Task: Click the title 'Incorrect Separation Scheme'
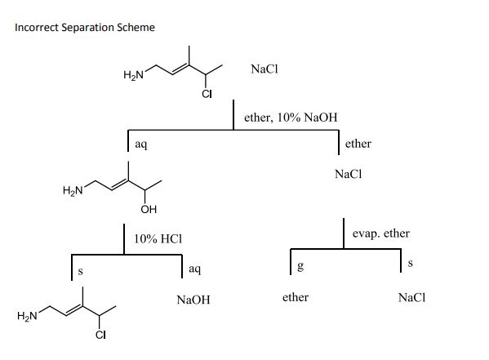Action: (85, 28)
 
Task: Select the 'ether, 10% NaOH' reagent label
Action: (291, 118)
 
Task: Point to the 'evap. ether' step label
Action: (381, 233)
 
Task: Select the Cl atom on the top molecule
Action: (207, 94)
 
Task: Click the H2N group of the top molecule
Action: (134, 76)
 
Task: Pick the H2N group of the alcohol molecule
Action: (73, 192)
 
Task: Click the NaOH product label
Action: (193, 300)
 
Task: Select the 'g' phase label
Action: (300, 266)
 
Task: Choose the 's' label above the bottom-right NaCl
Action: (411, 262)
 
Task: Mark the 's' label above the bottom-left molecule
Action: (81, 270)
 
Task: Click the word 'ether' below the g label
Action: (295, 297)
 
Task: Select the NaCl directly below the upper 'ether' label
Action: (349, 175)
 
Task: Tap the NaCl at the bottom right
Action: (412, 297)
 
